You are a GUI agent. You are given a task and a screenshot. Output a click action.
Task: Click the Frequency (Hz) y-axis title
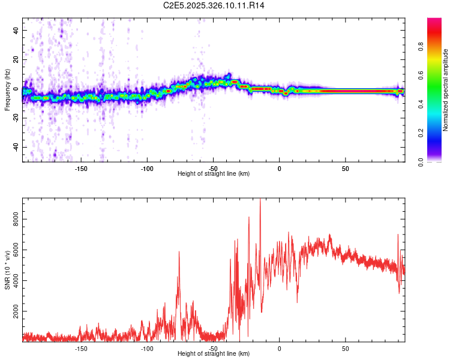point(7,90)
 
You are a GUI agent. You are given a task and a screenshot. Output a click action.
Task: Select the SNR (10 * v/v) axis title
point(7,270)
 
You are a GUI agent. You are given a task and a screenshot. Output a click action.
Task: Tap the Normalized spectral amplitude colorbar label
point(446,90)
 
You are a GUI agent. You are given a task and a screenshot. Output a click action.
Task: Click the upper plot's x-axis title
point(214,173)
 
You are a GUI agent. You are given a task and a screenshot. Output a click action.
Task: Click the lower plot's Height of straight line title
point(214,354)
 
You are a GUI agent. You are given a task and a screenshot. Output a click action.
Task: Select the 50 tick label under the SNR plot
point(346,348)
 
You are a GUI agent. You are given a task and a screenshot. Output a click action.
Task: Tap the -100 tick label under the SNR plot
point(147,348)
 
